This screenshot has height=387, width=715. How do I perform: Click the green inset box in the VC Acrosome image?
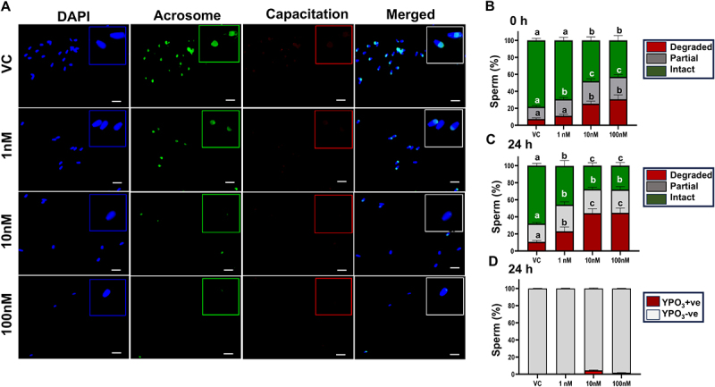[x=219, y=44]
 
